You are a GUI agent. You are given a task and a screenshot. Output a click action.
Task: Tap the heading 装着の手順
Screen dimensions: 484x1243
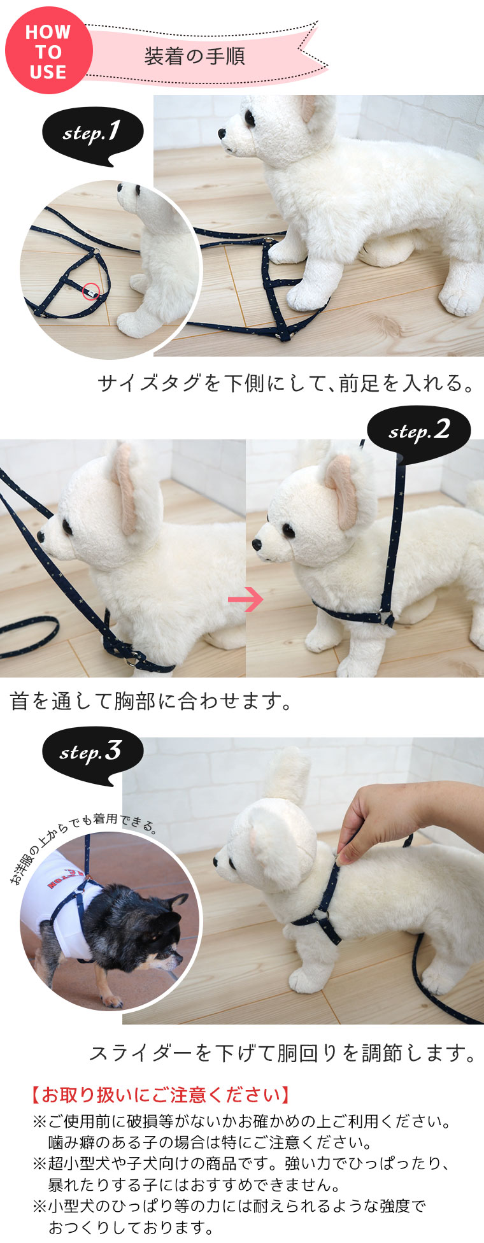tap(195, 57)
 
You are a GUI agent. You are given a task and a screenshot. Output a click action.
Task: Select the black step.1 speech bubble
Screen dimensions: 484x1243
tap(93, 135)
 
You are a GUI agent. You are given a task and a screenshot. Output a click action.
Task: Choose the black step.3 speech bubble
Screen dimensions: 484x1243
tap(92, 755)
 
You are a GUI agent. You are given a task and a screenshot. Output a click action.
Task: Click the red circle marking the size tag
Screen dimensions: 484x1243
tap(92, 292)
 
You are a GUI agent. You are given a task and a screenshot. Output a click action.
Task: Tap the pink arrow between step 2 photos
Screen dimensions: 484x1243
tap(246, 599)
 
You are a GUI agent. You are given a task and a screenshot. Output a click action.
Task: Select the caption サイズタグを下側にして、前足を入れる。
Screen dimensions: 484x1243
tap(287, 383)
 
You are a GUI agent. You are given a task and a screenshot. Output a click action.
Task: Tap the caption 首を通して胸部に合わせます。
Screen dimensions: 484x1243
tap(152, 701)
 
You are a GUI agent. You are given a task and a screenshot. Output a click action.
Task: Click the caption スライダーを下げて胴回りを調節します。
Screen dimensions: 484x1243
tap(283, 1054)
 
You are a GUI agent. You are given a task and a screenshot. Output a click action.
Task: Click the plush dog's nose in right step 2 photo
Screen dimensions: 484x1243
tap(257, 545)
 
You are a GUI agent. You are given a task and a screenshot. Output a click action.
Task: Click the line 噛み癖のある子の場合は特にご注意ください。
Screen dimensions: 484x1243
tap(210, 1142)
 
